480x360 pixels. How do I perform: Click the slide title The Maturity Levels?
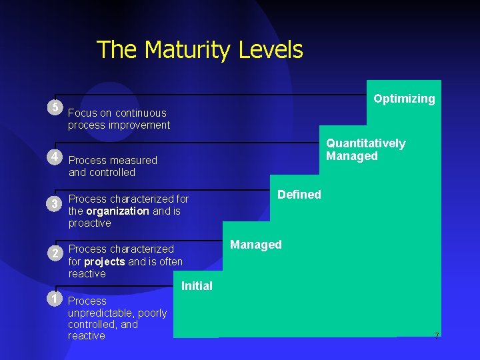tap(199, 50)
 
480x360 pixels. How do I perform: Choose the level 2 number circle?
tap(55, 253)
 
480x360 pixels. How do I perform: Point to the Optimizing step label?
tap(404, 99)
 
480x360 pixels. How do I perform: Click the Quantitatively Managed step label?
tap(365, 150)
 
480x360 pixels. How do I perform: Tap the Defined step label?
tap(299, 195)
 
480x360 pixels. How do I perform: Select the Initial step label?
tap(197, 286)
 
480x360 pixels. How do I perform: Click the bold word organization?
tap(117, 211)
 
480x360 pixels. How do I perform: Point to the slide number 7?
tap(437, 336)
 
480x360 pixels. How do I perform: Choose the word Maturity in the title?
tap(197, 50)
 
